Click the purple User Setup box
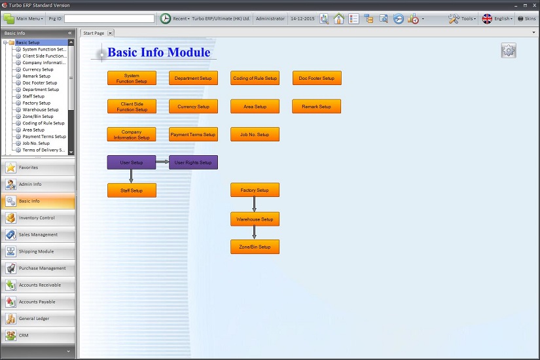point(132,162)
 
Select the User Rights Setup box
point(193,162)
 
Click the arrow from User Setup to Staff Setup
point(131,176)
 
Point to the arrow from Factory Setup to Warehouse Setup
point(254,204)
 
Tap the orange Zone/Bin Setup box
point(255,247)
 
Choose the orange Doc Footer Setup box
point(317,78)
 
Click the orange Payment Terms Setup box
point(193,134)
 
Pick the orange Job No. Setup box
point(255,134)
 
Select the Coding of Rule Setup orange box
point(255,78)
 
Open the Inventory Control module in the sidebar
point(38,218)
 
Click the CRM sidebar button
point(38,335)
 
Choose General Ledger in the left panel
point(38,318)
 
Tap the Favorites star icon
point(10,168)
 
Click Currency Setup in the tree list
point(38,69)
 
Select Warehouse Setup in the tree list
point(41,109)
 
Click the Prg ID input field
point(109,18)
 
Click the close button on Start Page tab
point(110,33)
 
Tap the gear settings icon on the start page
point(509,50)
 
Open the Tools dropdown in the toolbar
point(463,18)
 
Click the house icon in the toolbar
point(339,18)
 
